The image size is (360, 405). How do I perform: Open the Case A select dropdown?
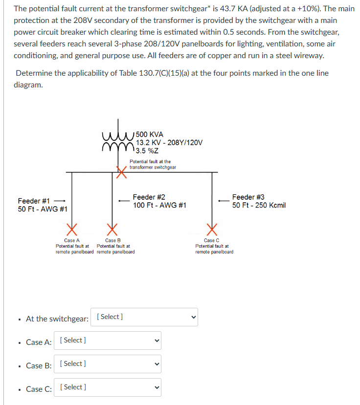[108, 341]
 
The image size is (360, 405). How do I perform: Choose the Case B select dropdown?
[108, 364]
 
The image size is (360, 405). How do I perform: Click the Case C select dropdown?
[108, 387]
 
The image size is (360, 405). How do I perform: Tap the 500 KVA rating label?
[150, 134]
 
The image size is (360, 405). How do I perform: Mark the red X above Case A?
[72, 229]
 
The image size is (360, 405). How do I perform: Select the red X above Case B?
[112, 229]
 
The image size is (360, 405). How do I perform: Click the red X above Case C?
[212, 229]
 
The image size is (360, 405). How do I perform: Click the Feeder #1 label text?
[34, 201]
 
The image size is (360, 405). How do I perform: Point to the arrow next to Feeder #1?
[60, 201]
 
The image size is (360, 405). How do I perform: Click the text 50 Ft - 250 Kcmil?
[259, 205]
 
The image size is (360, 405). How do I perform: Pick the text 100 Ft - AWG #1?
[159, 205]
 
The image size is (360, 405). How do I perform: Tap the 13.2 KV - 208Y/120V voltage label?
[169, 143]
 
